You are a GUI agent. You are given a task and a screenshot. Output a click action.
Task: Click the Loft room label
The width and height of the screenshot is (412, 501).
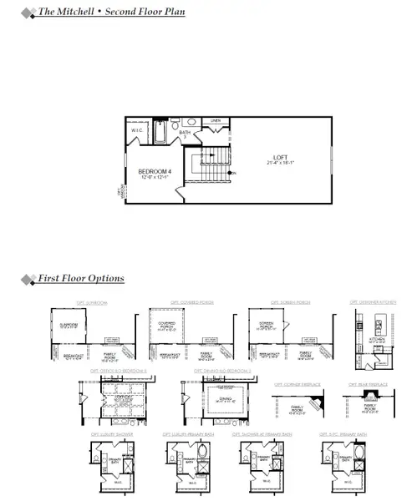point(279,157)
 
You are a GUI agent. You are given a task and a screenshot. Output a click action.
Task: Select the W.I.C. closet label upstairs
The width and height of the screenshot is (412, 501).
point(137,131)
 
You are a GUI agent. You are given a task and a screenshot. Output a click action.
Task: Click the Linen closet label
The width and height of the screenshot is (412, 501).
point(215,122)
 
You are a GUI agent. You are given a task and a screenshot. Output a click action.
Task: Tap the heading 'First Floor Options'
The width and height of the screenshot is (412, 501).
point(81,278)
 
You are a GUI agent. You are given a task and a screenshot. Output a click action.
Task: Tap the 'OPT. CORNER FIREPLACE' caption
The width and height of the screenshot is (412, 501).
point(297,387)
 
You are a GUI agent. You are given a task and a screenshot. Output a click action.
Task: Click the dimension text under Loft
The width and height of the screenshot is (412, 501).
point(279,164)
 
